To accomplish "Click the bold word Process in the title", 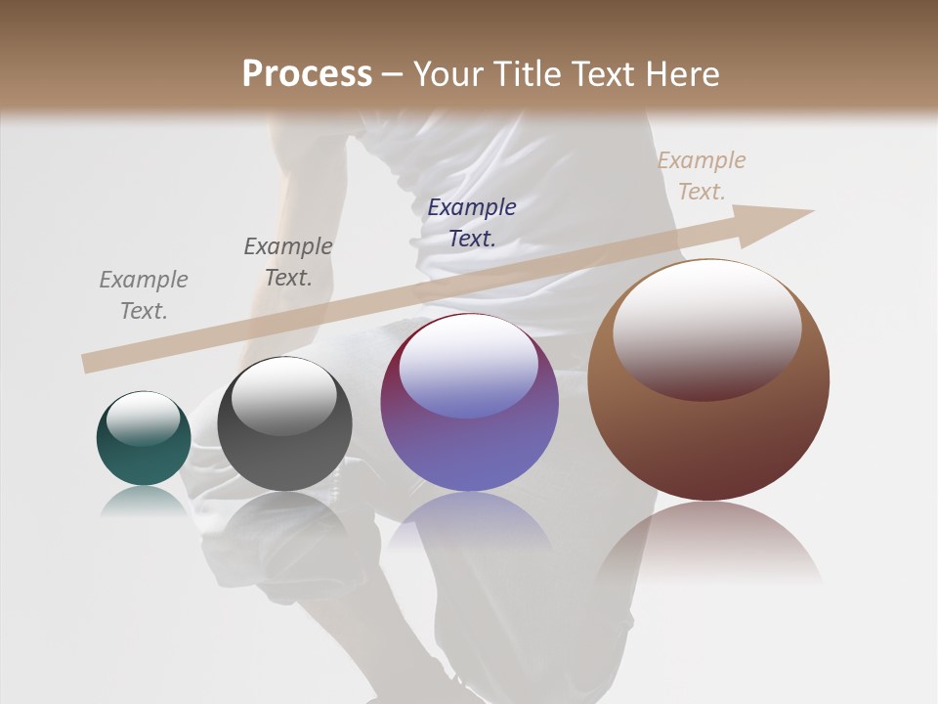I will click(x=307, y=74).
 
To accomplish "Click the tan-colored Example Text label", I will click(x=702, y=176).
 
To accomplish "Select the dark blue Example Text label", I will click(x=472, y=222).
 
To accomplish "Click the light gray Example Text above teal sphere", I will click(x=144, y=295).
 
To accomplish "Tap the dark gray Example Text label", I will click(x=288, y=262).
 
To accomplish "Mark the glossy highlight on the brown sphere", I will click(x=706, y=328).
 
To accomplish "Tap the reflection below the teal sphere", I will click(x=144, y=501).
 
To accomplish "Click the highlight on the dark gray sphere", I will click(x=283, y=397).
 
